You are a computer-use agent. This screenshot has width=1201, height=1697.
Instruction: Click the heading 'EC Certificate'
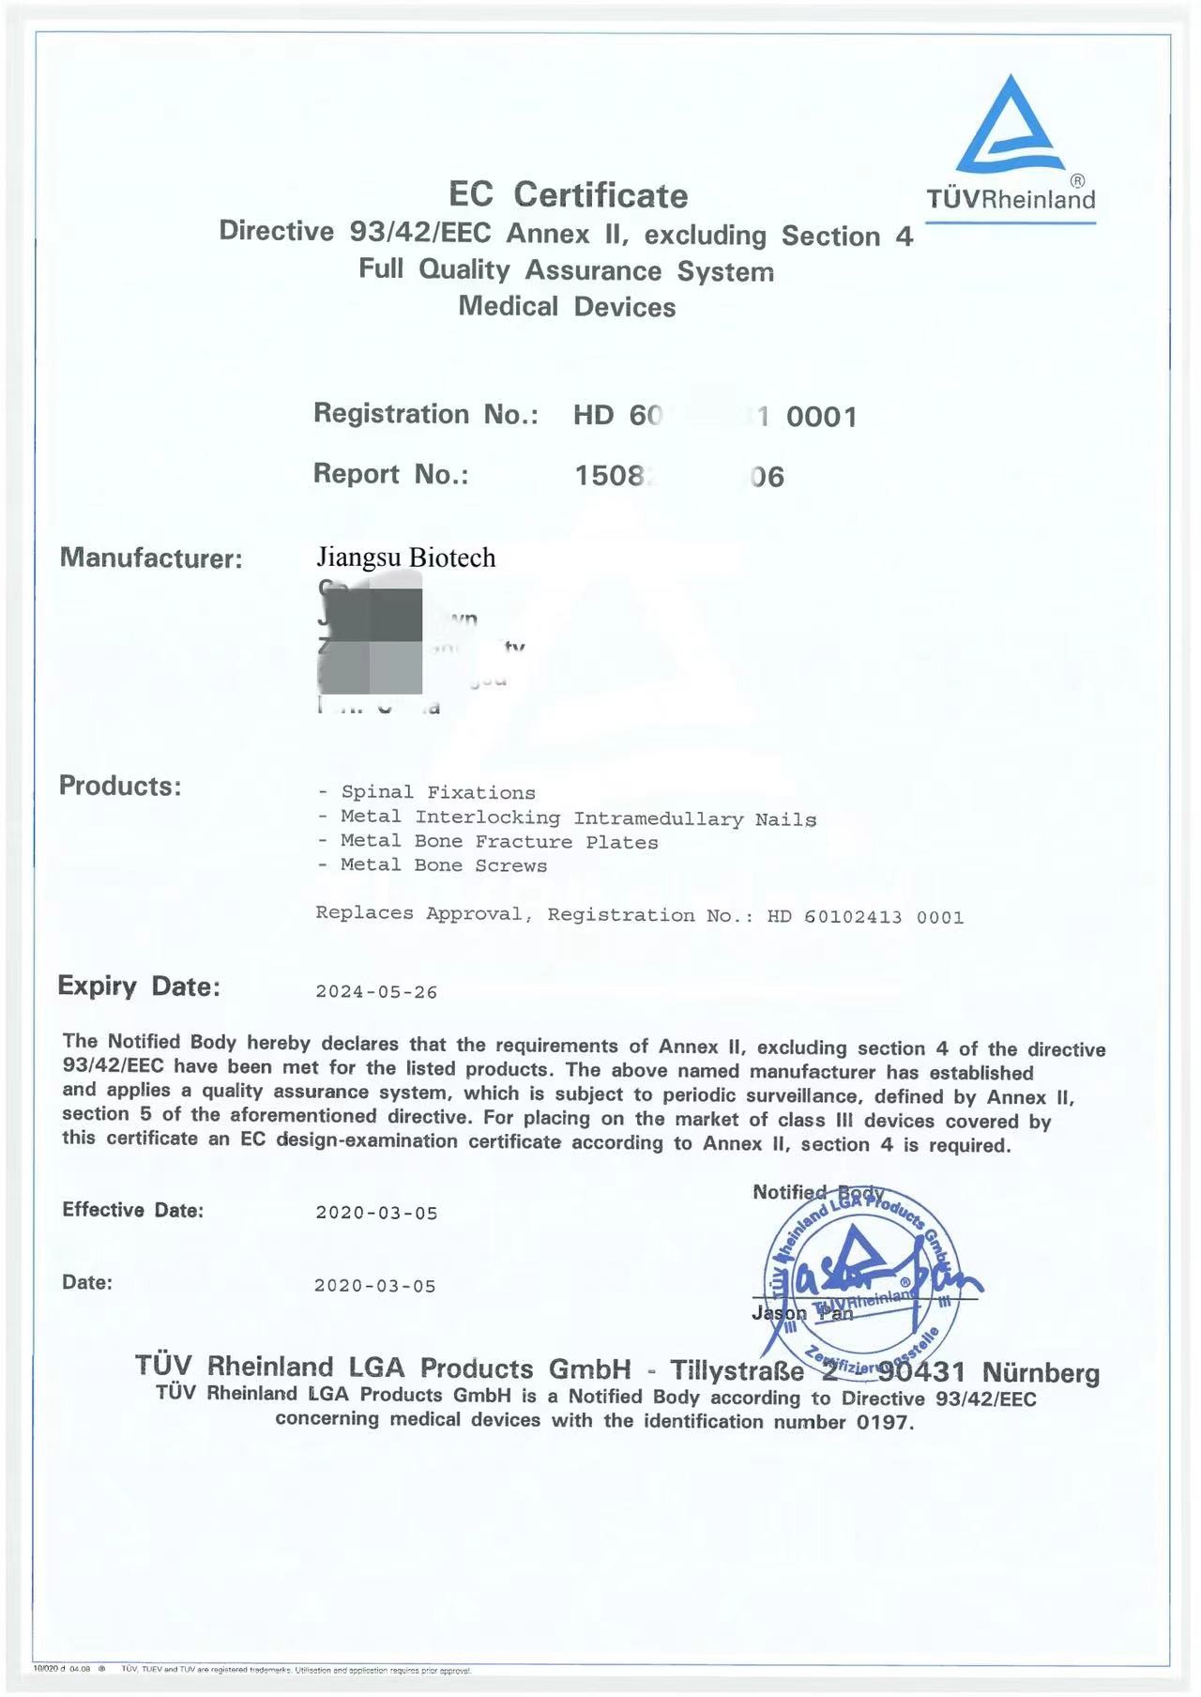(568, 195)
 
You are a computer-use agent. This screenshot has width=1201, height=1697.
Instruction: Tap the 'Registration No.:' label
(425, 414)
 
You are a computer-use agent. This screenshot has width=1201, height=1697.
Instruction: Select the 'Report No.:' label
(390, 474)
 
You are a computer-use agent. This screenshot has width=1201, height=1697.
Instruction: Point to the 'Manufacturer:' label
(151, 558)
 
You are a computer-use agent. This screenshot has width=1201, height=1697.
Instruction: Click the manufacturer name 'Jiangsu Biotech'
(405, 558)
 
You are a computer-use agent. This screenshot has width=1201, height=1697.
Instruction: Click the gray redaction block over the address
(371, 634)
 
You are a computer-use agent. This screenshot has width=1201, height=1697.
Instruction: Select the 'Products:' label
(120, 786)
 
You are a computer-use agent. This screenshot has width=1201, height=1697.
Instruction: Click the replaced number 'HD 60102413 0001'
(865, 917)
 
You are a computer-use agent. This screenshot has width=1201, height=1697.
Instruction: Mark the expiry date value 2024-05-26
(376, 992)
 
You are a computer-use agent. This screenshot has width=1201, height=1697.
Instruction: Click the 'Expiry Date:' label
(139, 986)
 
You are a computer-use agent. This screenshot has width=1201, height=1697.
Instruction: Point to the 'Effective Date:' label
(132, 1210)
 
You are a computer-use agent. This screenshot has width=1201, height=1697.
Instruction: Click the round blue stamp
(860, 1282)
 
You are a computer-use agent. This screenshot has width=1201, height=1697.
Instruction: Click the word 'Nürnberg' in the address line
(1041, 1373)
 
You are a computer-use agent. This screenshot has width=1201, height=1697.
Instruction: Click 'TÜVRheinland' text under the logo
(1011, 199)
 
